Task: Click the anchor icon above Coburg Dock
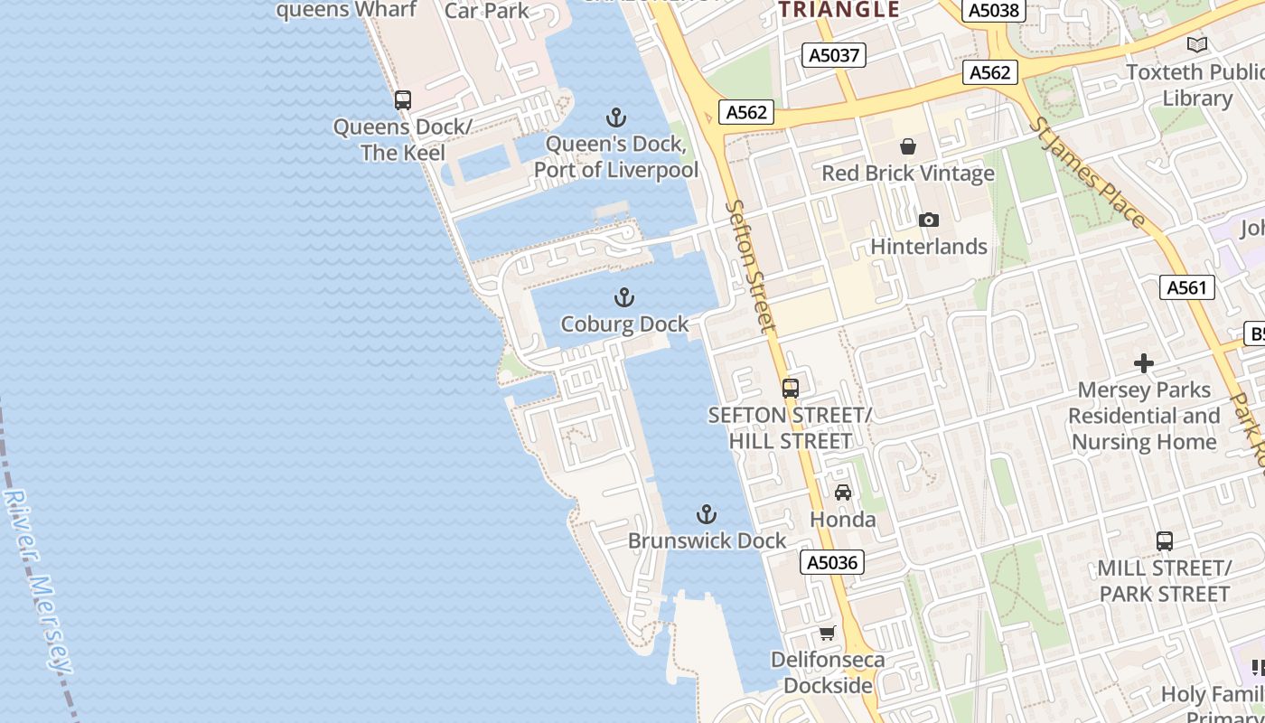[623, 297]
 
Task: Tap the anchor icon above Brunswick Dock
[707, 514]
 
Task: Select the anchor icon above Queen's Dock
[615, 117]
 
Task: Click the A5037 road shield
[833, 55]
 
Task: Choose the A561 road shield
[1186, 287]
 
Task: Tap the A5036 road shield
[831, 562]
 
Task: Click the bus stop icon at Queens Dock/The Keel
[403, 100]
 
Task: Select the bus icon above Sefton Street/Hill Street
[791, 389]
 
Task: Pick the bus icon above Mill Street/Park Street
[1165, 541]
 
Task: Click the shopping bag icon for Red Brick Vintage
[908, 146]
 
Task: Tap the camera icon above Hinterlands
[928, 220]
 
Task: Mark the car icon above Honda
[843, 493]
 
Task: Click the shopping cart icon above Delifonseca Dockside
[827, 633]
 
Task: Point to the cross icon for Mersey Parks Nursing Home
[1144, 363]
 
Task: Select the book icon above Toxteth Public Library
[1197, 44]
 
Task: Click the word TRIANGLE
[839, 10]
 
